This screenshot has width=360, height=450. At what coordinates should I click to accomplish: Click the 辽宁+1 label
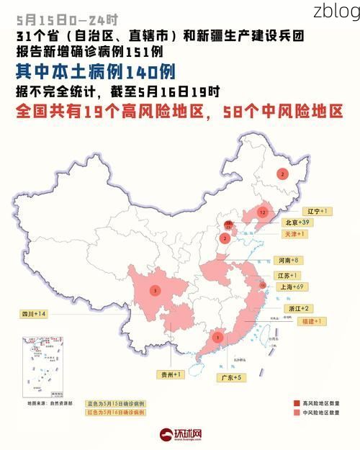317,211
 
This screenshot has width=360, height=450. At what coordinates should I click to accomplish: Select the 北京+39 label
318,222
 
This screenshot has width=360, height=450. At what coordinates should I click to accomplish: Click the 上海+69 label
292,287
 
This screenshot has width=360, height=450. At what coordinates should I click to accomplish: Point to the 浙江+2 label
299,308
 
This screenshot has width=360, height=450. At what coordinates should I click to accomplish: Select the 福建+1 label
310,321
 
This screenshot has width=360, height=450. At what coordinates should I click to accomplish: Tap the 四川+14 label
34,315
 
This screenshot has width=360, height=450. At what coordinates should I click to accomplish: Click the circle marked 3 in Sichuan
154,291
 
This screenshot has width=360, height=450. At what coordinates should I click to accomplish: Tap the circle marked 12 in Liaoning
264,213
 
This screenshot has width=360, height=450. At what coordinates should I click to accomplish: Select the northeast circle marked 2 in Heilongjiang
282,174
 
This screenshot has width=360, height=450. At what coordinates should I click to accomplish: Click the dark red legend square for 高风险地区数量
296,403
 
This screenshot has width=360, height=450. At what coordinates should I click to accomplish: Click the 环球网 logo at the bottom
181,435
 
